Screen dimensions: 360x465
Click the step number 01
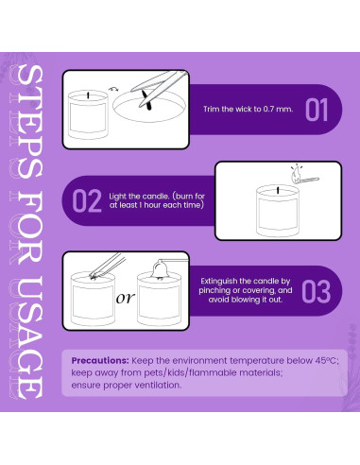317,110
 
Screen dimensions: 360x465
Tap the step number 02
87,200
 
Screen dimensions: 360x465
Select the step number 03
317,291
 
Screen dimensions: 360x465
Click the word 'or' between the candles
126,298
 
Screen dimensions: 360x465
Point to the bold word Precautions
100,360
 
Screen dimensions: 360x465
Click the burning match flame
296,174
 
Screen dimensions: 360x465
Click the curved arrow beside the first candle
113,90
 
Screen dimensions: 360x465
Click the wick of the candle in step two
278,190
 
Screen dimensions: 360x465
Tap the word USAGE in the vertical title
26,337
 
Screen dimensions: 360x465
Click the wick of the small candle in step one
88,95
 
